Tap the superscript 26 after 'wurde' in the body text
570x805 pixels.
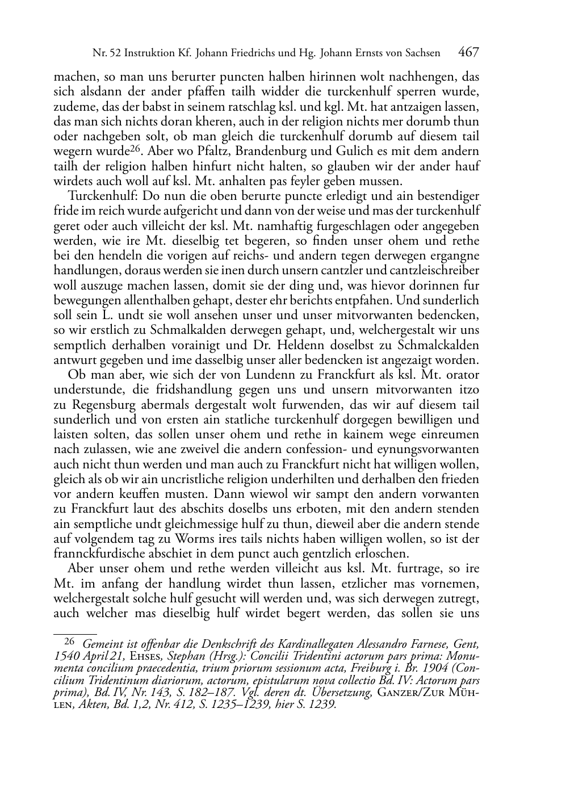(x=133, y=149)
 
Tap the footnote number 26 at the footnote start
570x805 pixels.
(x=69, y=641)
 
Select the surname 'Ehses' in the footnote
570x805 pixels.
(x=146, y=655)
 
